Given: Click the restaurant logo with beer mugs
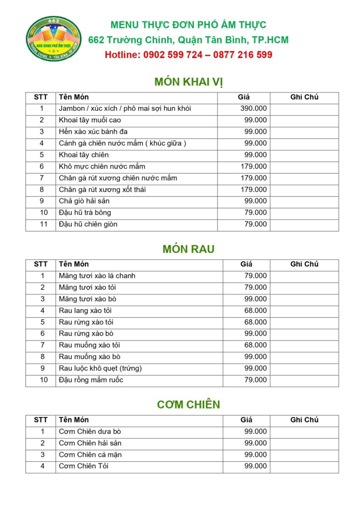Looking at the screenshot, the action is click(53, 39).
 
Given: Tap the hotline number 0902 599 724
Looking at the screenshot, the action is click(173, 55).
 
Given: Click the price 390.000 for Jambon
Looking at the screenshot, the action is click(254, 108).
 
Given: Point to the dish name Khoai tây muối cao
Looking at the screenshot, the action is click(90, 120).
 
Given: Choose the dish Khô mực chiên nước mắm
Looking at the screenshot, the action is click(102, 167).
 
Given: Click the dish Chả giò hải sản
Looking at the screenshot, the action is click(84, 201).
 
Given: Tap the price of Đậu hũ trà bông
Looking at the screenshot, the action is click(256, 213).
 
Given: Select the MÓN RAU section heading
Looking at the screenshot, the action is click(188, 249).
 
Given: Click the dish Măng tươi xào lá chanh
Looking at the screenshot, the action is click(97, 276).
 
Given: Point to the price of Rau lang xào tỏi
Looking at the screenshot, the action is click(256, 311).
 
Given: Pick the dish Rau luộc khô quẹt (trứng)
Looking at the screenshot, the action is click(100, 368).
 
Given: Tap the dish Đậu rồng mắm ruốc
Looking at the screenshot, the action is click(91, 380).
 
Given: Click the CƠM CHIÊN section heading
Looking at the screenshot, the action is click(188, 405).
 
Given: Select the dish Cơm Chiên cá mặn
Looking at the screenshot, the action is click(90, 455).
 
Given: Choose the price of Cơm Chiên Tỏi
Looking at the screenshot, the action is click(256, 466).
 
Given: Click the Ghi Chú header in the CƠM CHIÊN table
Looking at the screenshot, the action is click(304, 420).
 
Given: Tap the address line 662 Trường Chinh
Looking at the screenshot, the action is click(188, 40).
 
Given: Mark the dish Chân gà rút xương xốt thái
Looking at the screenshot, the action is click(102, 189).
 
